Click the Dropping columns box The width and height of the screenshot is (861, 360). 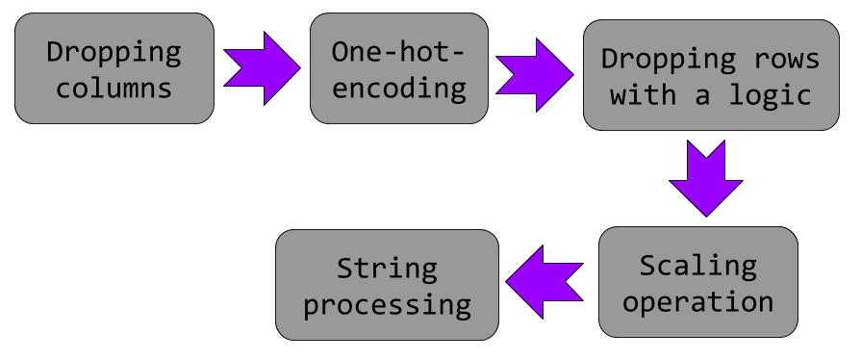[114, 68]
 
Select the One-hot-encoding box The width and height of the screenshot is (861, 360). [398, 68]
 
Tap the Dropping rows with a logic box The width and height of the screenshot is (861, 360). [711, 76]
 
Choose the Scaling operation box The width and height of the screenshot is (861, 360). [697, 282]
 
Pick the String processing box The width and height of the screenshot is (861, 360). [387, 285]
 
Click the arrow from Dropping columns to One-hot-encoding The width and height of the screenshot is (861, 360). [261, 68]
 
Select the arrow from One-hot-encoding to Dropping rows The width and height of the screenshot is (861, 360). [534, 74]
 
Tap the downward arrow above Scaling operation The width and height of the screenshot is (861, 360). [706, 178]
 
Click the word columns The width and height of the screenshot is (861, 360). [114, 89]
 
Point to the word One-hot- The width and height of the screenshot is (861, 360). [398, 51]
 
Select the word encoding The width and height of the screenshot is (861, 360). [398, 89]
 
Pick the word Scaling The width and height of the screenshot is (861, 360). [697, 264]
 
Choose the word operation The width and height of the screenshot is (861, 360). [697, 301]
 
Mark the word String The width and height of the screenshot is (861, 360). [387, 267]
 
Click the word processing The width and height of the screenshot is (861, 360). [387, 305]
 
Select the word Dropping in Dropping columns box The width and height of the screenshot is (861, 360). [114, 51]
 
